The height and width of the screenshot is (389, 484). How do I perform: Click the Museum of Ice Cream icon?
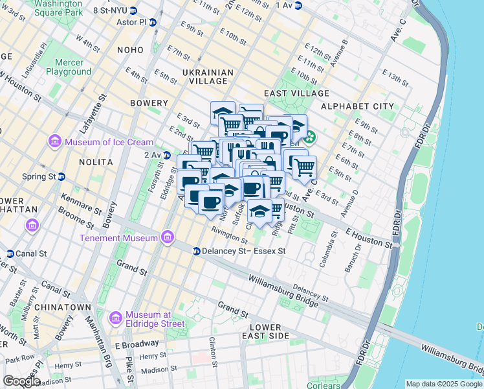click(x=54, y=142)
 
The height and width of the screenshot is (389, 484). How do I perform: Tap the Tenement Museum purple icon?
click(x=168, y=237)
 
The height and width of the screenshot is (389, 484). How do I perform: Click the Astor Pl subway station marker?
click(x=153, y=21)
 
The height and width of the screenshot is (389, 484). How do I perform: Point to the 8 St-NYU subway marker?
click(x=133, y=10)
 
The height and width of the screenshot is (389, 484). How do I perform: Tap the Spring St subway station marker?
click(x=61, y=176)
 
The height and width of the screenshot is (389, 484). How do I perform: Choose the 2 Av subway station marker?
click(x=167, y=155)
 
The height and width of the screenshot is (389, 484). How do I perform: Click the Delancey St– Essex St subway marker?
click(x=196, y=251)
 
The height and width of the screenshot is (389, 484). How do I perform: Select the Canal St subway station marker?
click(x=10, y=253)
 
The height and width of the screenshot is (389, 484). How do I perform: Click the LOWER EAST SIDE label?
click(x=269, y=331)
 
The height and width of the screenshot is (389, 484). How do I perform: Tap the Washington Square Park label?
click(x=58, y=8)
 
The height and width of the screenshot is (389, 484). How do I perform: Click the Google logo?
click(x=21, y=381)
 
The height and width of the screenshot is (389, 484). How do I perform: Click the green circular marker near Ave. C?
click(x=310, y=137)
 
